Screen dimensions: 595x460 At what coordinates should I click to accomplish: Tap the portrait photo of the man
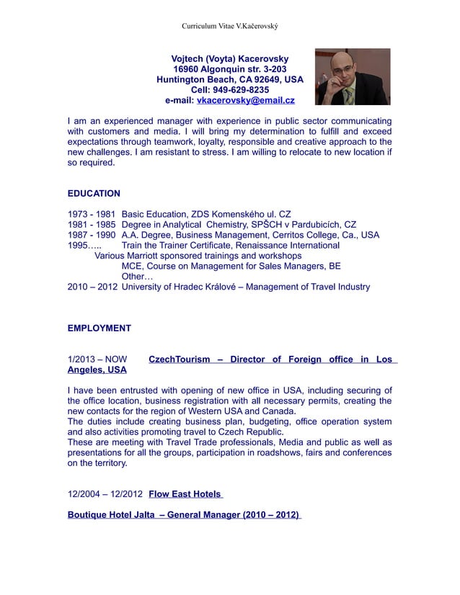353,77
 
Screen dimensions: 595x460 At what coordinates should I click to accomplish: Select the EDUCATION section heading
94,194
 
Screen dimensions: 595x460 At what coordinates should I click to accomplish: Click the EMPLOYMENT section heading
99,328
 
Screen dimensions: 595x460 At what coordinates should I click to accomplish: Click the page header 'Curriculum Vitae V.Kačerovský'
229,26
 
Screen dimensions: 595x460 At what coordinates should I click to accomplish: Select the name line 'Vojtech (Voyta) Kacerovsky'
230,58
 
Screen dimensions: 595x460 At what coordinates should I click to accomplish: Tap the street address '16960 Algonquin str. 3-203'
230,69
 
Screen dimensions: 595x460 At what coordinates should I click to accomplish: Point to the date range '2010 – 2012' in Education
92,287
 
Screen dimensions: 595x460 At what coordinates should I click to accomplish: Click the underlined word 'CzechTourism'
179,359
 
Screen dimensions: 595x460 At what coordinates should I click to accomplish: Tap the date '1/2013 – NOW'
97,359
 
